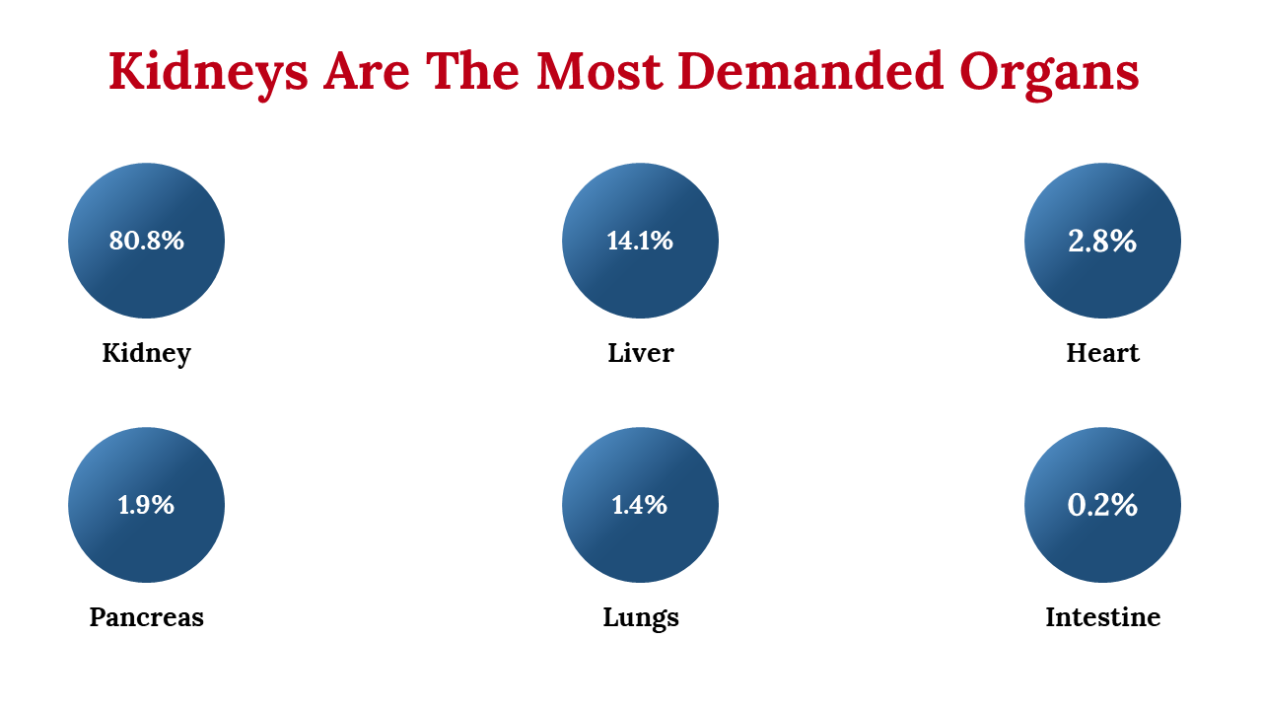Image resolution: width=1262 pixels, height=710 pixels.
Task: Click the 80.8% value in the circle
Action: click(x=147, y=241)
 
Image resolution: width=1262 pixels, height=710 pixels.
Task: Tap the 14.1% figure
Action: click(x=640, y=241)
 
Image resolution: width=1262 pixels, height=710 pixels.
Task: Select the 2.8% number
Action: click(x=1102, y=241)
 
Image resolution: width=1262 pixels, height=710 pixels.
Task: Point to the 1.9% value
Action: click(x=146, y=504)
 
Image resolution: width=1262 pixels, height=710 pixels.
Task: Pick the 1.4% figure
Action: click(x=640, y=504)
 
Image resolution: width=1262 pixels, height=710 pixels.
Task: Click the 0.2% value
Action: click(x=1102, y=504)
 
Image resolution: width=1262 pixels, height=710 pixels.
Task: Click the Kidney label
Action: click(x=147, y=354)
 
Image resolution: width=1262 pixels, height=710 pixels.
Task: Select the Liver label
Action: click(x=641, y=353)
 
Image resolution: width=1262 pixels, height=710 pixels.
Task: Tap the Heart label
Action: click(x=1102, y=353)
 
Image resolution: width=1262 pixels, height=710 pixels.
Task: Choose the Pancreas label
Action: click(x=147, y=617)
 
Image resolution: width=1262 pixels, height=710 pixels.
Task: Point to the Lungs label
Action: click(x=641, y=618)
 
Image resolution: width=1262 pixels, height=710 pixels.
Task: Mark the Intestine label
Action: click(x=1102, y=616)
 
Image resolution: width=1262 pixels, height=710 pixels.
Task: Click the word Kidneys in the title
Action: click(x=208, y=74)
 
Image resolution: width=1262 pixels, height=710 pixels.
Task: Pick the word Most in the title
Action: click(x=598, y=72)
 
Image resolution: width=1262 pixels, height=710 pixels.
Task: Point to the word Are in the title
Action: click(x=366, y=72)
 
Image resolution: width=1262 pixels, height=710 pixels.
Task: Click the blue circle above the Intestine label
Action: click(x=1102, y=505)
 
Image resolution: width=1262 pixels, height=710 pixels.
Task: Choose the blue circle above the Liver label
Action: click(x=640, y=241)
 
